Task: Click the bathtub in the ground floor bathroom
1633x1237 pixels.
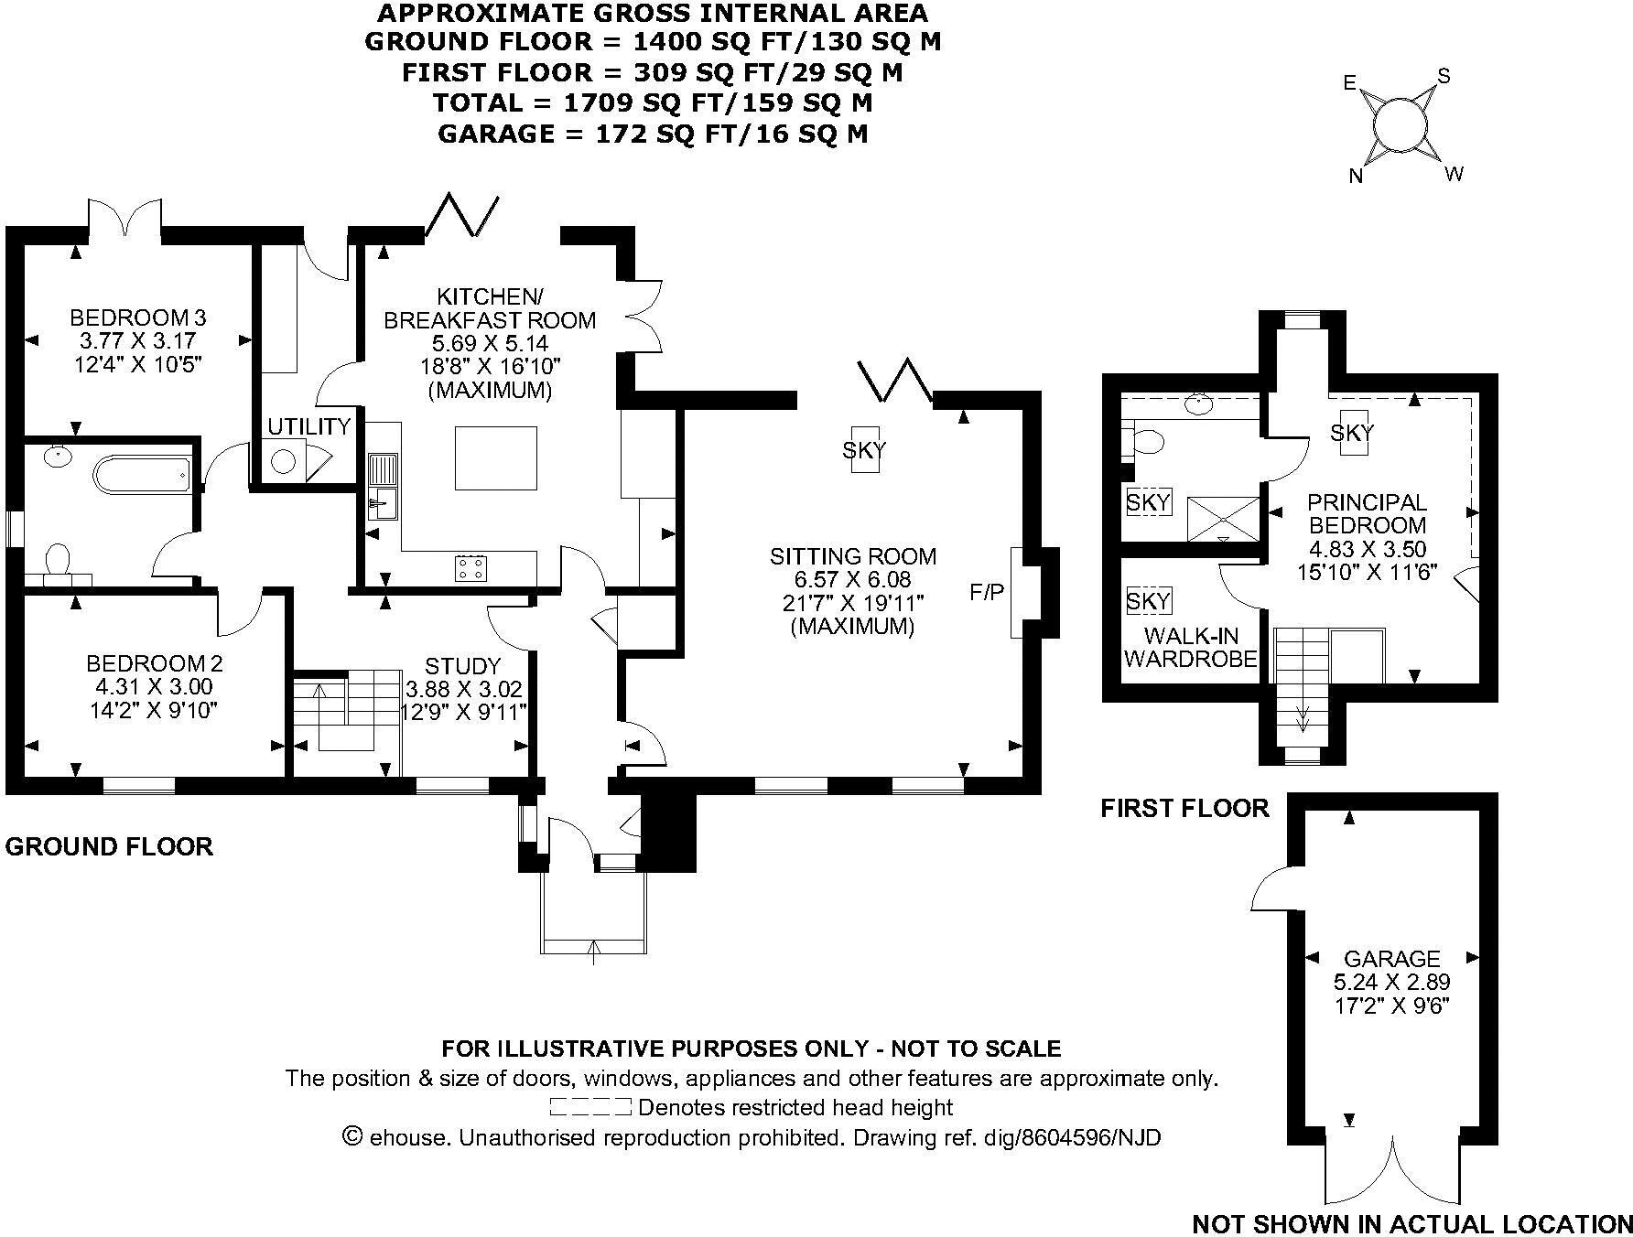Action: [142, 474]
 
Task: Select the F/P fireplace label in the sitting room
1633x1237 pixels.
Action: [987, 593]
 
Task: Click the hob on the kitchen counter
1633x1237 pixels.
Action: [471, 568]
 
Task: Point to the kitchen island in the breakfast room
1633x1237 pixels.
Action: [495, 457]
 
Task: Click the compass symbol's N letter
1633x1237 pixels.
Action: [1357, 177]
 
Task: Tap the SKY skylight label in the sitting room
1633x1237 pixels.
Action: [865, 449]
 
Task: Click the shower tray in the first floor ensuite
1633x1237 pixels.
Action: [1223, 518]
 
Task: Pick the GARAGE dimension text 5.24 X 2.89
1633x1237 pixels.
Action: [1392, 982]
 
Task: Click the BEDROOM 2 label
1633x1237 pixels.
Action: [155, 663]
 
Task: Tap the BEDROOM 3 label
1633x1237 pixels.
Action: [138, 317]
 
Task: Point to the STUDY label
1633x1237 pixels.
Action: [463, 665]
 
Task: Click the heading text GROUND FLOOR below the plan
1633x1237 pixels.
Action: [109, 846]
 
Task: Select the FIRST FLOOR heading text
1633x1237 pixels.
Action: [1184, 808]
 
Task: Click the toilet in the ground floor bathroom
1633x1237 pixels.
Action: [58, 559]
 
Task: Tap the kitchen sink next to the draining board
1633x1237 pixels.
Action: [382, 502]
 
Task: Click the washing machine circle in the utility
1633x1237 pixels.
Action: [284, 460]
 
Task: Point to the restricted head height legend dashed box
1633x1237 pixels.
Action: [590, 1107]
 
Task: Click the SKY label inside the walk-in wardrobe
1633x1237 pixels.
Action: [1148, 601]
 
